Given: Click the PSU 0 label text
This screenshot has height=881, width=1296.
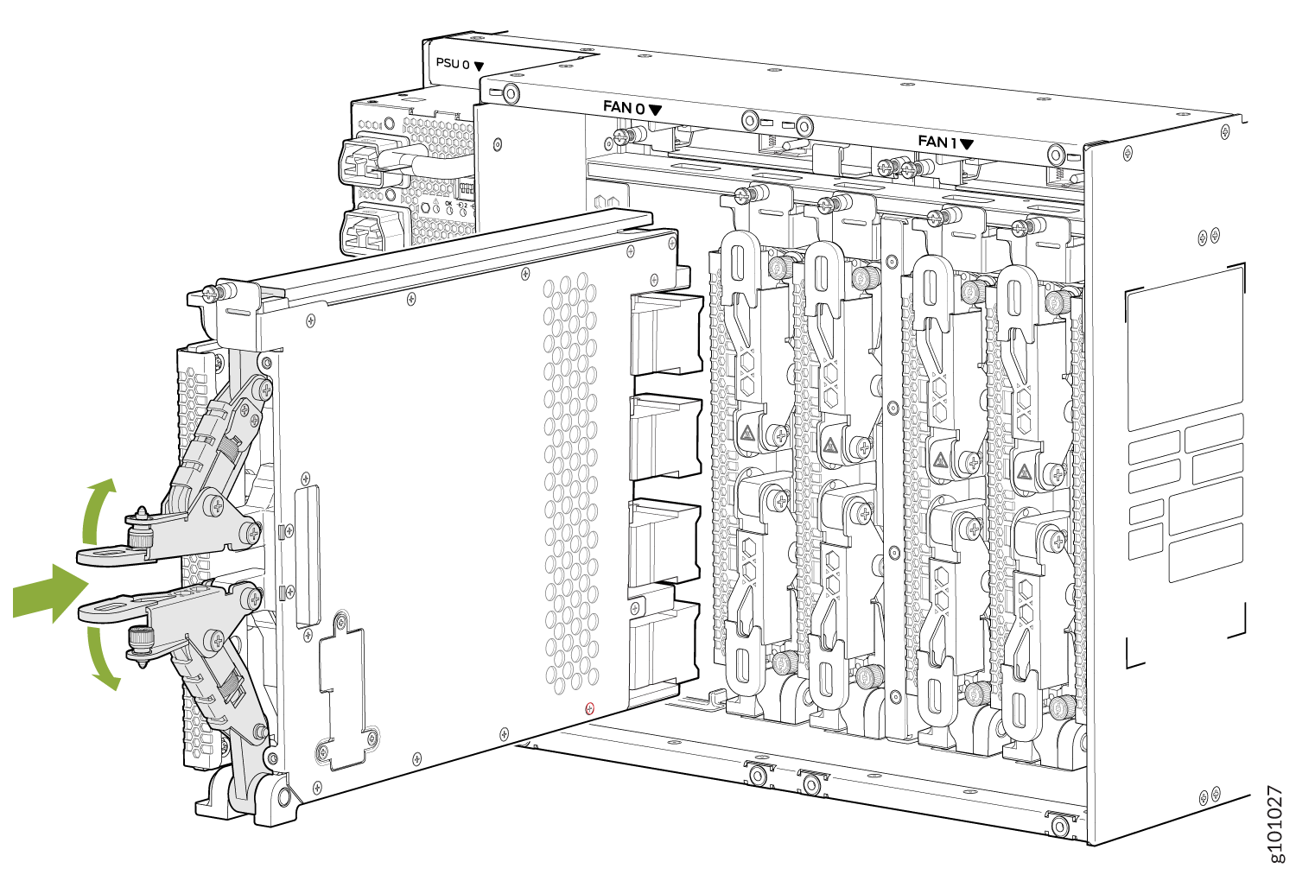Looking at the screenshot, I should point(453,63).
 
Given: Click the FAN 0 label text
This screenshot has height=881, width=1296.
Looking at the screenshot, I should point(623,107).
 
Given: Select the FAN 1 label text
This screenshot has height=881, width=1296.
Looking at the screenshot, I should point(937,141).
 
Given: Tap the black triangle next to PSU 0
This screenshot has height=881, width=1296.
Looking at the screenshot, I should point(479,66).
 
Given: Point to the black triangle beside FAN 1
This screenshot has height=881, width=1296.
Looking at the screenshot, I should point(967,144).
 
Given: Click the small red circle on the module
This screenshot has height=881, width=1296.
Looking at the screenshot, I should point(590,708).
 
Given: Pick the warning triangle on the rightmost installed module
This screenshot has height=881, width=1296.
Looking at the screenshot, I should point(1025,472).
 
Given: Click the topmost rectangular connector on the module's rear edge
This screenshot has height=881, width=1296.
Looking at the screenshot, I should point(665,333).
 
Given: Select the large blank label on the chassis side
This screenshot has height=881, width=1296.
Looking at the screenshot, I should point(1185,346).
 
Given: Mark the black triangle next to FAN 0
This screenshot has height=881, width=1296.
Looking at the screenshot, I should point(655,110).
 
